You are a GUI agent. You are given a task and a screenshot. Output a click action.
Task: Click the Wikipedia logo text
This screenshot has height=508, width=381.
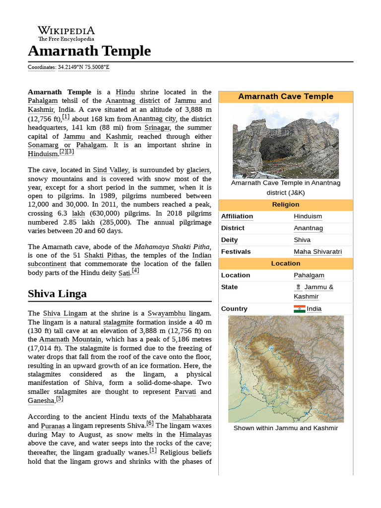pos(66,31)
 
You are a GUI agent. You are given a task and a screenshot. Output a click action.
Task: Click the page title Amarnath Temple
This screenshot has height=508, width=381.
pos(89,51)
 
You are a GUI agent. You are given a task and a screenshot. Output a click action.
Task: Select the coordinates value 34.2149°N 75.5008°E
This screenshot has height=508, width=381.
pos(84,67)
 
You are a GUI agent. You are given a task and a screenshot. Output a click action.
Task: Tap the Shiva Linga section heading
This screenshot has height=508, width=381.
pos(57,293)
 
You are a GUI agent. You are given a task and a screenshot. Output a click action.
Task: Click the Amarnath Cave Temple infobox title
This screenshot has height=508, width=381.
pos(285,96)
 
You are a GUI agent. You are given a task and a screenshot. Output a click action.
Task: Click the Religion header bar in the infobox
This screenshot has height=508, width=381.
pos(285,204)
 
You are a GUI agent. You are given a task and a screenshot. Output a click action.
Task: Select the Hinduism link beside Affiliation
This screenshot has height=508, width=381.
pos(308,216)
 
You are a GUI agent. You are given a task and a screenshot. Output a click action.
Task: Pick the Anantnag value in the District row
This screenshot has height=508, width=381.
pos(308,228)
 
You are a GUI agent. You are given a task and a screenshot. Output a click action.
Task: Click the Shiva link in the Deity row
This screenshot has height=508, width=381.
pos(302,240)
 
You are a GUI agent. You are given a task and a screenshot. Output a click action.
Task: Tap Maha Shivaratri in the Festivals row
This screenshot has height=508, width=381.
pos(317,252)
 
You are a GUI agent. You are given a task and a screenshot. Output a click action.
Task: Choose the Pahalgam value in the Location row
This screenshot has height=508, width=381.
pos(309,275)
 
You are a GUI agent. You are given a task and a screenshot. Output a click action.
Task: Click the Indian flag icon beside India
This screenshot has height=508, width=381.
pos(299,309)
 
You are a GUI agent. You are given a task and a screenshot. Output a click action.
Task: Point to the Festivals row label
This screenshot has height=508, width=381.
pos(236,252)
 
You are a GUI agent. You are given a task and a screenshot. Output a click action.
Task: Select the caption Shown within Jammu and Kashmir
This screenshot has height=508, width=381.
pos(285,428)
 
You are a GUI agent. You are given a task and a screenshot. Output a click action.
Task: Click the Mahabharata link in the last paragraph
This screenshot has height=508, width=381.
pos(191,417)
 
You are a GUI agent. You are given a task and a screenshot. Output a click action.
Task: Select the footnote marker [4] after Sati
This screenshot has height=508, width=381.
pos(135,271)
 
